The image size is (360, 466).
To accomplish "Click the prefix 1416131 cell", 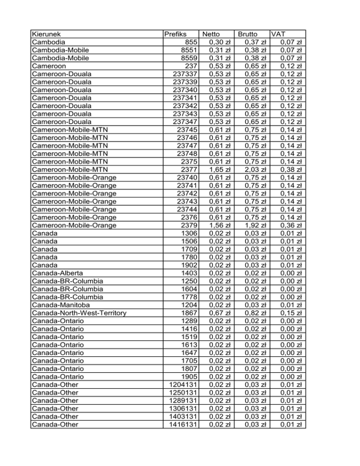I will point(183,425).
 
